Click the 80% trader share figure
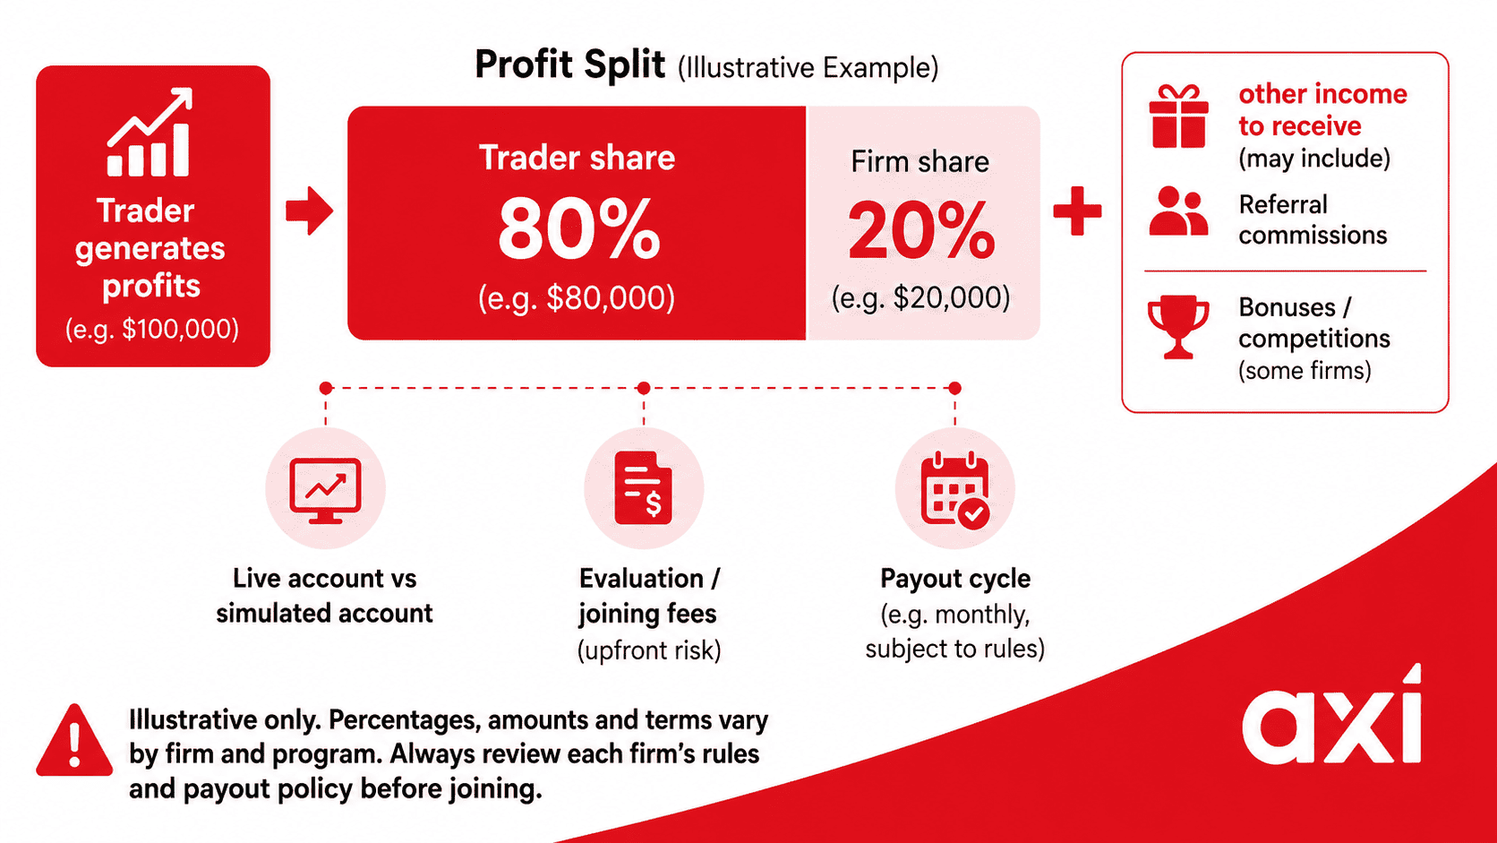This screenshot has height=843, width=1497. pyautogui.click(x=578, y=229)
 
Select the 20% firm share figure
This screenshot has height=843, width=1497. pyautogui.click(x=921, y=230)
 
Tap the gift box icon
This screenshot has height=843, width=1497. pyautogui.click(x=1179, y=116)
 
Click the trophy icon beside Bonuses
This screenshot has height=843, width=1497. pyautogui.click(x=1178, y=327)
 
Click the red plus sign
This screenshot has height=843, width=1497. pyautogui.click(x=1077, y=211)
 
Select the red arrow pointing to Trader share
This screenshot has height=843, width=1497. pyautogui.click(x=310, y=211)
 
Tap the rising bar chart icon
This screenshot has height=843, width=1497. pyautogui.click(x=150, y=133)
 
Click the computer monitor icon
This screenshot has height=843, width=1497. pyautogui.click(x=326, y=491)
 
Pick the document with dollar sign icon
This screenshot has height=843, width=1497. pyautogui.click(x=644, y=488)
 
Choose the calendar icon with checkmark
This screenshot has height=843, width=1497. pyautogui.click(x=955, y=491)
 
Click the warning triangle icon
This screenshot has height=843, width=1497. pyautogui.click(x=74, y=740)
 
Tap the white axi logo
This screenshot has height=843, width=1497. pyautogui.click(x=1332, y=715)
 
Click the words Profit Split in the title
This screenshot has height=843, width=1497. pyautogui.click(x=570, y=65)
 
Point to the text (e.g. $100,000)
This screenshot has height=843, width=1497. pyautogui.click(x=152, y=330)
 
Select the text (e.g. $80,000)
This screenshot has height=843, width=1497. pyautogui.click(x=577, y=298)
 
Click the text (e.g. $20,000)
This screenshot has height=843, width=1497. pyautogui.click(x=921, y=297)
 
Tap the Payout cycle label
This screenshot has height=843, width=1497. pyautogui.click(x=955, y=578)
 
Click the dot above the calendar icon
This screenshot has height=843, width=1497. pyautogui.click(x=955, y=388)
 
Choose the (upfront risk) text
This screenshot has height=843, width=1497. pyautogui.click(x=650, y=650)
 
